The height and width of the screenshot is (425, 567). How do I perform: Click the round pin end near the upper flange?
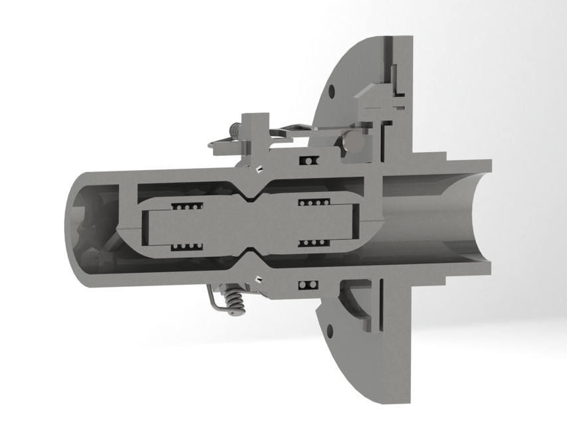click(355, 142)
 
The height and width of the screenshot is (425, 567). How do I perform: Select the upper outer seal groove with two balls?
click(308, 161)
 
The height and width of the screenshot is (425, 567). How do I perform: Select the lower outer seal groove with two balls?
click(306, 285)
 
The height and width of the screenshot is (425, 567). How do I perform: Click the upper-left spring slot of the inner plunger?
click(187, 206)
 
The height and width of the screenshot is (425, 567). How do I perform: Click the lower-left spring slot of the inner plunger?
click(187, 248)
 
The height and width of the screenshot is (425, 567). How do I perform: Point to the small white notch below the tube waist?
click(258, 278)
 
